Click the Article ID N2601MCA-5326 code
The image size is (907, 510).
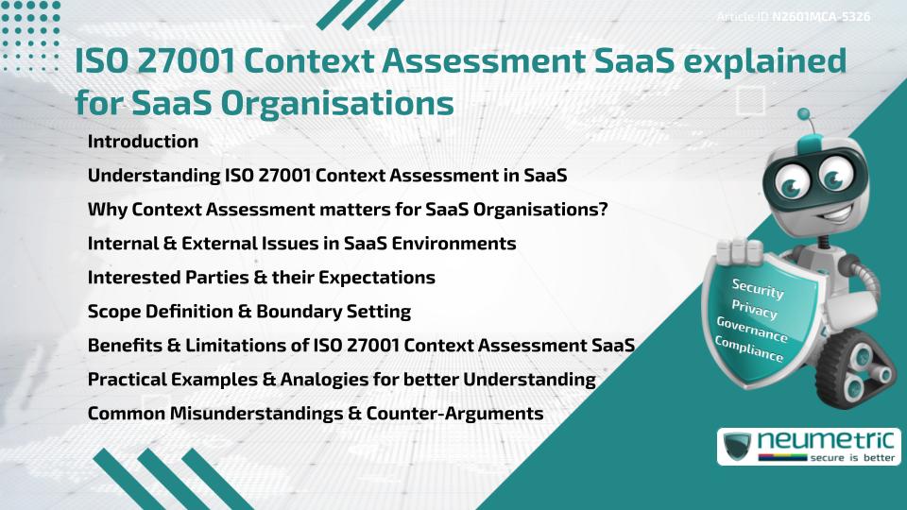[820, 17]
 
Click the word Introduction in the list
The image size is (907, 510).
[143, 142]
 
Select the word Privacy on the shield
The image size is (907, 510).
[755, 310]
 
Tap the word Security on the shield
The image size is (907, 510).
[758, 288]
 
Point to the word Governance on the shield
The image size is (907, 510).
[751, 329]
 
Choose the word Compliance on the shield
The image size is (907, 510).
[749, 348]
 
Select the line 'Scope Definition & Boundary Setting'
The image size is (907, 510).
[249, 311]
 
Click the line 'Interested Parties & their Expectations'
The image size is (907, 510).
[261, 277]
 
